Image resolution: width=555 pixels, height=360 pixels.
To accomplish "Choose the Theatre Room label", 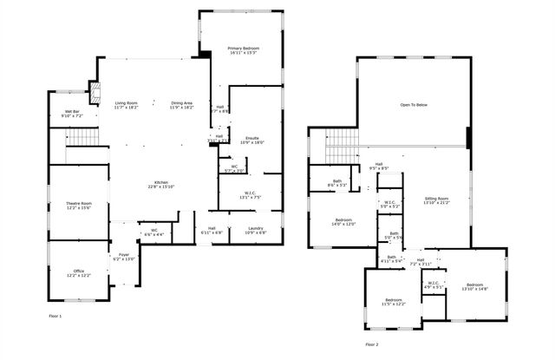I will click(x=79, y=206).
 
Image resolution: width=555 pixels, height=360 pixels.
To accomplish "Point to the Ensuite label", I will click(x=251, y=140).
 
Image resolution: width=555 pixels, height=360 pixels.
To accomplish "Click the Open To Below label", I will click(x=413, y=104).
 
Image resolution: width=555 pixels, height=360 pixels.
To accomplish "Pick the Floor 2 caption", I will click(x=371, y=344).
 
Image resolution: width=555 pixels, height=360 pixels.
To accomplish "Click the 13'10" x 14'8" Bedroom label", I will click(x=474, y=287).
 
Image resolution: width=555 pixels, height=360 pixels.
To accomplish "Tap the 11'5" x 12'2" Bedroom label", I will click(x=394, y=302).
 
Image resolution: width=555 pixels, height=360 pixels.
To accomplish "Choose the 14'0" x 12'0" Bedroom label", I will click(x=344, y=222).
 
